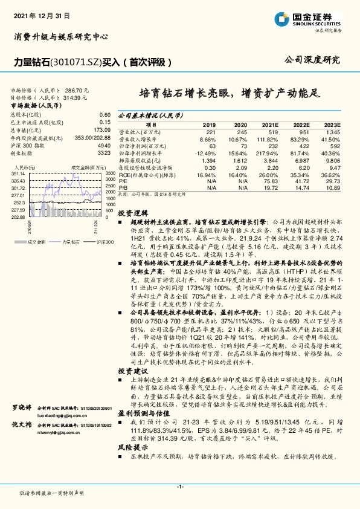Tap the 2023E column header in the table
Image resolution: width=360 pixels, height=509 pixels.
(332, 123)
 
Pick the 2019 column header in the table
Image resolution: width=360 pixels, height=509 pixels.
(210, 123)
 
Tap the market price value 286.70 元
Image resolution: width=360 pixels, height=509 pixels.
(77, 89)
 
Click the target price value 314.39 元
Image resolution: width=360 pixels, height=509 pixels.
(76, 97)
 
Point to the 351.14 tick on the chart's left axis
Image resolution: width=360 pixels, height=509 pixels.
(19, 172)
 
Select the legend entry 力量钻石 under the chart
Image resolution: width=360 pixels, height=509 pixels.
(71, 241)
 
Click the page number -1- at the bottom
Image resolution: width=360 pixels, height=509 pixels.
(179, 486)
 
